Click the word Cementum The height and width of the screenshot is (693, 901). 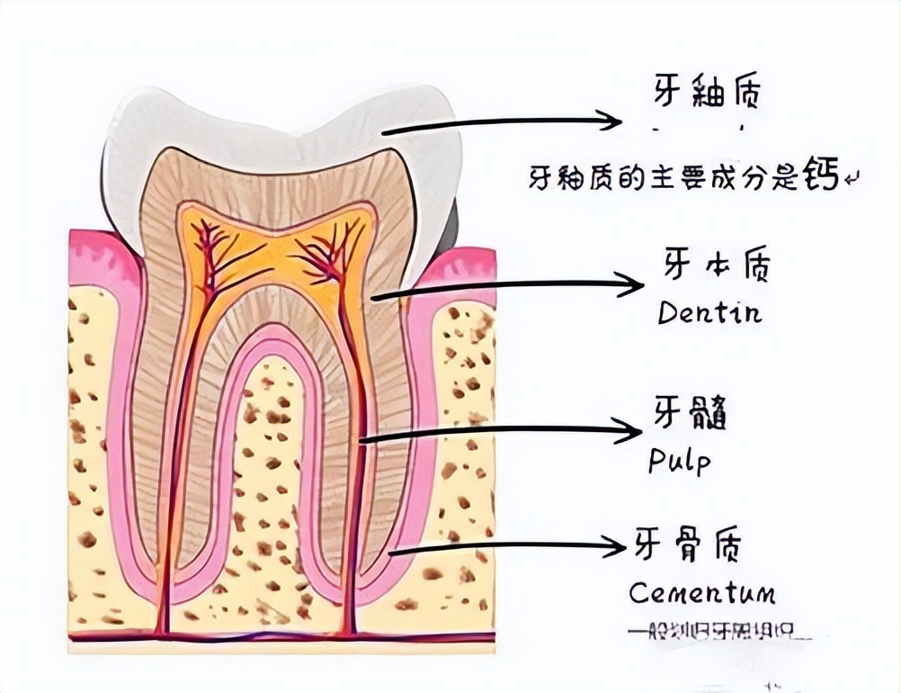701,593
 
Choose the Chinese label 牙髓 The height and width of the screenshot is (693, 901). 689,416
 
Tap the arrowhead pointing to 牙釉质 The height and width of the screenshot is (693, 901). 611,121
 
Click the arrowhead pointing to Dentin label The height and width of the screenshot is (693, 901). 633,284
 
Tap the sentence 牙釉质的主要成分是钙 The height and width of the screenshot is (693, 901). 683,176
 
